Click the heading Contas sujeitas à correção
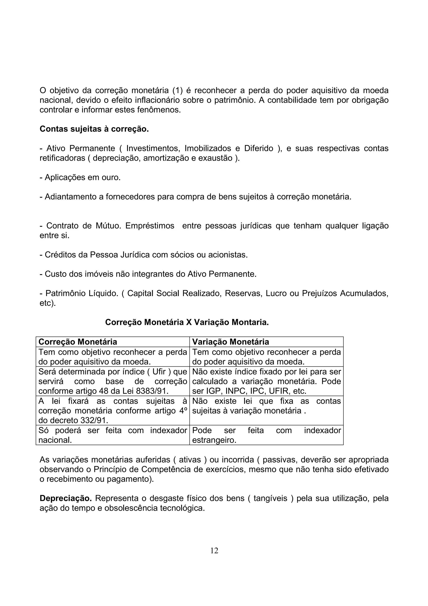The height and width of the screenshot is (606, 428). [94, 129]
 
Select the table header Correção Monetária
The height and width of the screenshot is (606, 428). [78, 342]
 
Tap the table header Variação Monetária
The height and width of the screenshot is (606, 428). [231, 342]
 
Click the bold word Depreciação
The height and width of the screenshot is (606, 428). [65, 498]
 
